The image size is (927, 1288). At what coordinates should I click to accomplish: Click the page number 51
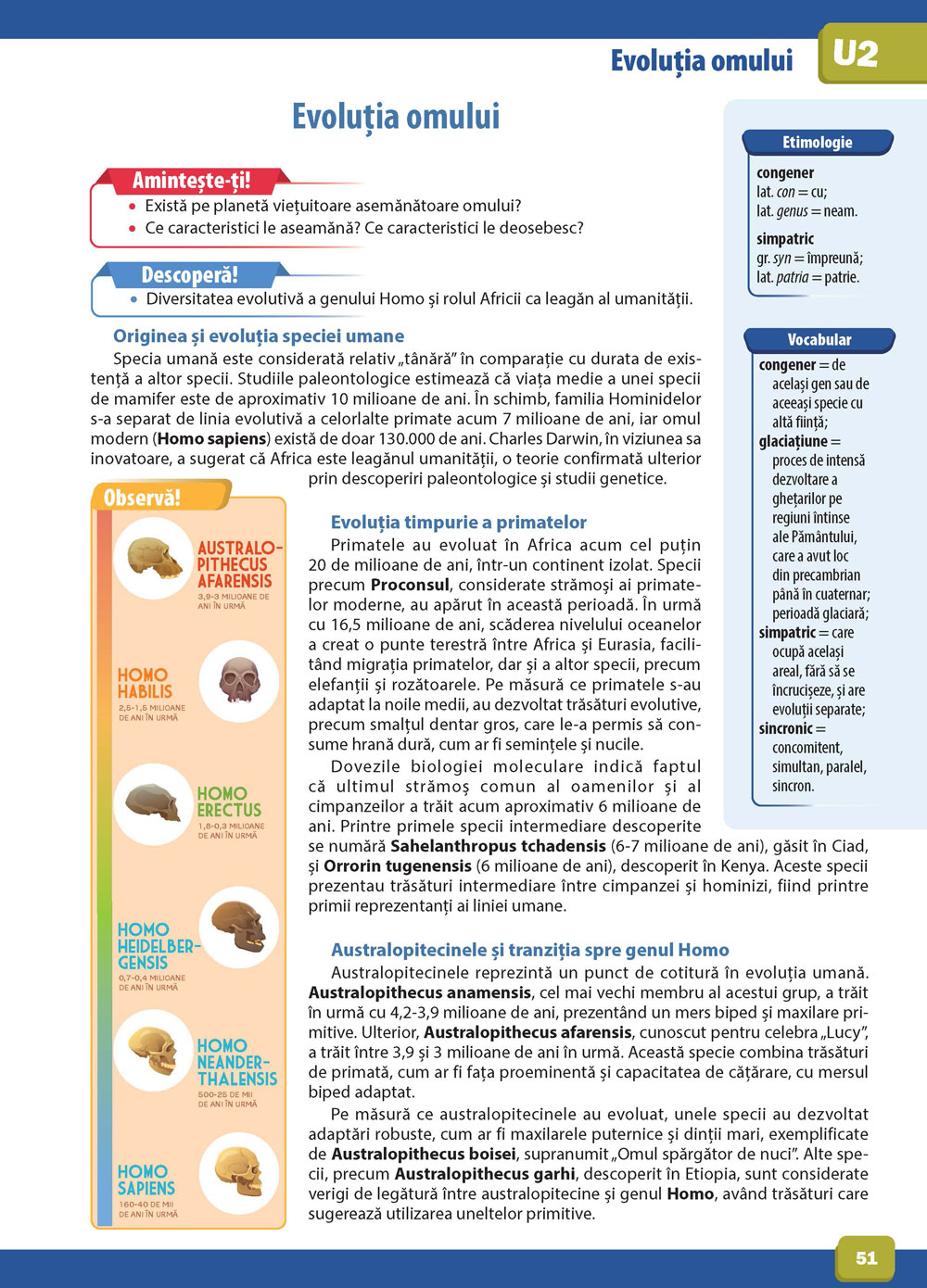pos(866,1257)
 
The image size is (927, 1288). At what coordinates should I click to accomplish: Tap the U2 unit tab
pos(855,55)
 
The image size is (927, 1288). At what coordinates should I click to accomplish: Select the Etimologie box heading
pos(817,143)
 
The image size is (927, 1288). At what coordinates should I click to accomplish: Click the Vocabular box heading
pos(819,340)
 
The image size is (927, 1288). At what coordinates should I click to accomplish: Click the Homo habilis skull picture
pos(238,681)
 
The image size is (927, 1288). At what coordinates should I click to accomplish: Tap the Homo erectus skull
pos(153,802)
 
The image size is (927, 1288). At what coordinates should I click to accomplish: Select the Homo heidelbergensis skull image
pos(238,927)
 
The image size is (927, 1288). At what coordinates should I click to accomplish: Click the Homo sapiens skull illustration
pos(238,1171)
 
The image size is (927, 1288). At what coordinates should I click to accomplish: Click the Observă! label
pos(142,498)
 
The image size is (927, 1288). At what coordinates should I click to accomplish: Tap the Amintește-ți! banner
pos(191,180)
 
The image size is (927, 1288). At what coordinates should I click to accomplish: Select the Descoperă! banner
pos(189,275)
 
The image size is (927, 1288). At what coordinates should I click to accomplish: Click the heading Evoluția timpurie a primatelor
pos(459,523)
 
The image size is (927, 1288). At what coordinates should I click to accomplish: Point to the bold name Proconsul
pos(410,585)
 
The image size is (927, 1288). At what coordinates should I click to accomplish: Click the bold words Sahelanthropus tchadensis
pos(498,846)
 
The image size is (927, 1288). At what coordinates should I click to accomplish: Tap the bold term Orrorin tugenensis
pos(398,866)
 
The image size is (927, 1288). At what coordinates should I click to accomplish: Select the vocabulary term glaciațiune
pos(794,441)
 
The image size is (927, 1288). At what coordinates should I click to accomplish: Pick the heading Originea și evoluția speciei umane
pos(259,336)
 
